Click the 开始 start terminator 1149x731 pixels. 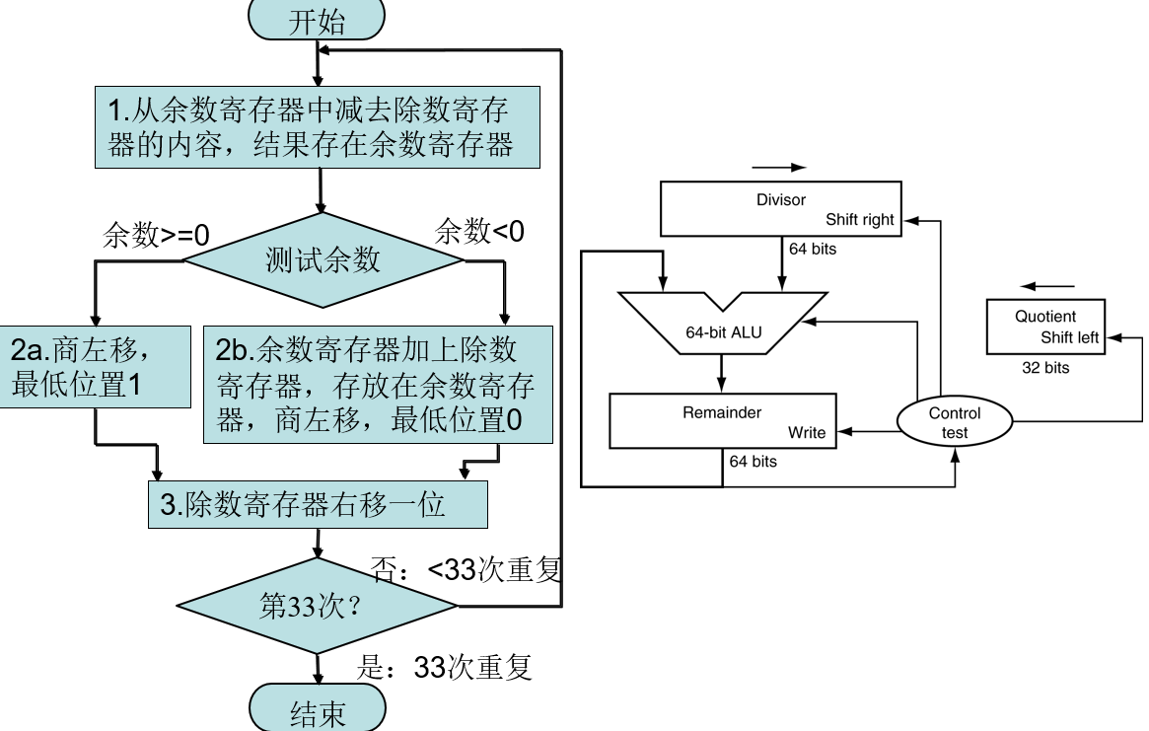point(318,20)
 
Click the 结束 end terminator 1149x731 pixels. point(318,712)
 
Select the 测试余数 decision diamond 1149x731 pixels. point(323,260)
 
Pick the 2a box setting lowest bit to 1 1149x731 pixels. point(96,367)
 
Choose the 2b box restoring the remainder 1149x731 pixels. point(378,385)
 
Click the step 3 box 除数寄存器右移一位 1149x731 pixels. point(318,505)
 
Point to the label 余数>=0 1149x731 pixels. point(157,236)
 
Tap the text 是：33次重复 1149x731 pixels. point(444,668)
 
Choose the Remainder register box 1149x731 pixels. point(722,421)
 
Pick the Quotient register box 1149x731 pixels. point(1045,328)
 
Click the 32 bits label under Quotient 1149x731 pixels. point(1044,368)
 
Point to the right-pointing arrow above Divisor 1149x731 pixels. point(778,168)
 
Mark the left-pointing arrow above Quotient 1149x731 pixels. point(1041,286)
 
